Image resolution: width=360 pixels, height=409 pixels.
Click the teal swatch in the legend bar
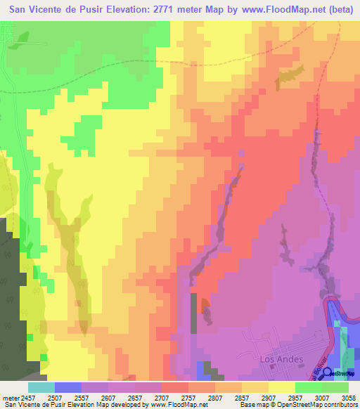41,387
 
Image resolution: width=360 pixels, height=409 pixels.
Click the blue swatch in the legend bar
67,387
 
